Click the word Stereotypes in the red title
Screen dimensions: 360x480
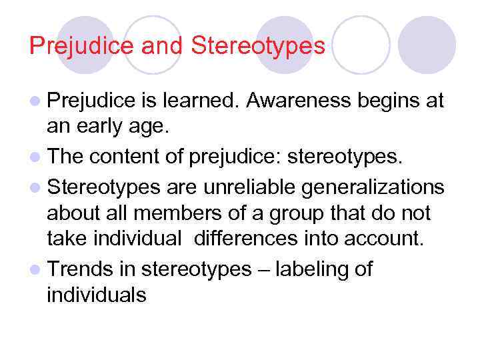[258, 45]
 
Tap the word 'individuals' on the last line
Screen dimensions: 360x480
[95, 293]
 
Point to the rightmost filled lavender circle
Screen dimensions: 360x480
[427, 45]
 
